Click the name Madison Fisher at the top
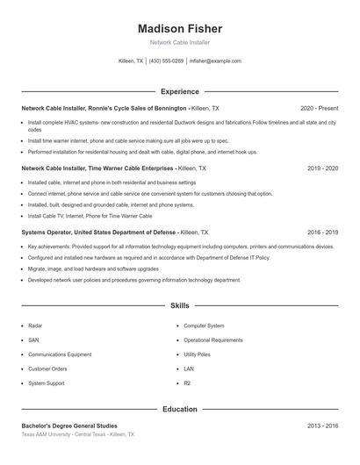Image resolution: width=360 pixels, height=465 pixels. tap(180, 29)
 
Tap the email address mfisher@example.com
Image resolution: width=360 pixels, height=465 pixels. tap(215, 61)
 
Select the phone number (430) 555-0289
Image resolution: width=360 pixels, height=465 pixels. tap(166, 61)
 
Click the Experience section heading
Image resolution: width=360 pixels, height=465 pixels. tap(180, 91)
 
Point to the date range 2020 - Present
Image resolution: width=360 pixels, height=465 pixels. tap(319, 108)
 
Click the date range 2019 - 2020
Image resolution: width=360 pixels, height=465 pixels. tap(322, 168)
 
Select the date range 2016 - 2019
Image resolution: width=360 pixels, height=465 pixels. tap(322, 232)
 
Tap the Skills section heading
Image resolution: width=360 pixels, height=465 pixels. tap(180, 306)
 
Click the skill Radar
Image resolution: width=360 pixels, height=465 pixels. tap(35, 325)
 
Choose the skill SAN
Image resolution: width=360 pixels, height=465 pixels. tap(33, 340)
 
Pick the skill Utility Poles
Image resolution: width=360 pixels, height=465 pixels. tap(198, 354)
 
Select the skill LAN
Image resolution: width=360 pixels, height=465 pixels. tap(189, 369)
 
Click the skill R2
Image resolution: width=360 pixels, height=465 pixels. tap(188, 383)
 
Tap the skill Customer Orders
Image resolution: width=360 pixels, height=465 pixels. tap(47, 369)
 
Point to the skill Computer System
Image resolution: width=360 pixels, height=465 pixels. tap(204, 325)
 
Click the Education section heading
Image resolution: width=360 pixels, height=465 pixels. tap(180, 409)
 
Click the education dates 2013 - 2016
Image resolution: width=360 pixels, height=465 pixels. tap(322, 426)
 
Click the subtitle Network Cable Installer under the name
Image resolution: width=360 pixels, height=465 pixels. tap(180, 42)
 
